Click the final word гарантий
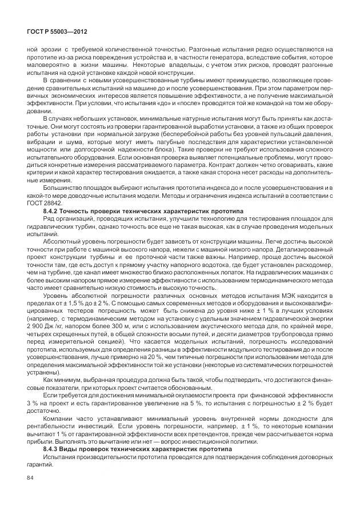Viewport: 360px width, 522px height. tap(41, 466)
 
